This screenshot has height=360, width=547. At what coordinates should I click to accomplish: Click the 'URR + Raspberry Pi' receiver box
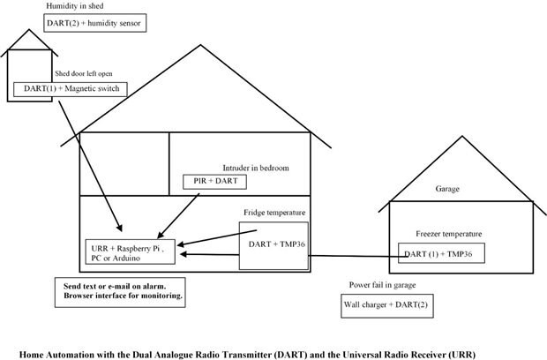click(x=130, y=250)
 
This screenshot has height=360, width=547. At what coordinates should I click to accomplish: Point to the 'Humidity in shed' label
click(x=74, y=5)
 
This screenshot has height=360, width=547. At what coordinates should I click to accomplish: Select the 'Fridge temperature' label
click(x=274, y=213)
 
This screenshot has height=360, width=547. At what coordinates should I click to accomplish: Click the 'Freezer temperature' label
click(x=449, y=234)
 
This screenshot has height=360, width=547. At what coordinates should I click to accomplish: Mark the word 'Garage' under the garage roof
click(x=448, y=189)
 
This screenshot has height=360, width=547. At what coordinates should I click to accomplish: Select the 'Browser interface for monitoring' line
click(x=123, y=297)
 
